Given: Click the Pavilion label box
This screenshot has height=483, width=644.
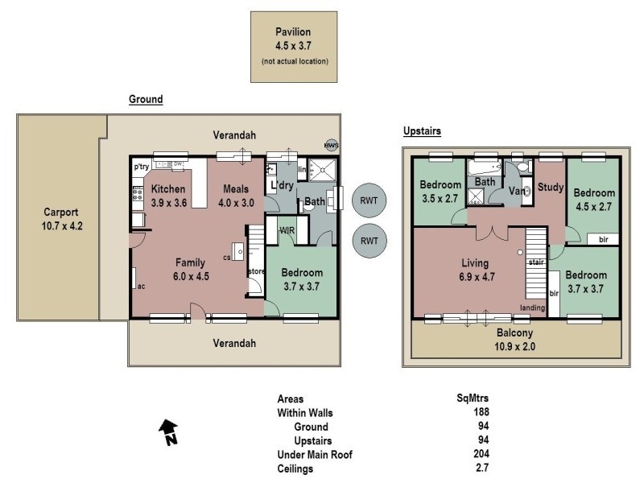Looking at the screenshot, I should [x=294, y=46].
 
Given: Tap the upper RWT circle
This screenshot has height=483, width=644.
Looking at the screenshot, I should [x=369, y=201].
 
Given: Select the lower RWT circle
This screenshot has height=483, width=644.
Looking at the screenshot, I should [x=369, y=241].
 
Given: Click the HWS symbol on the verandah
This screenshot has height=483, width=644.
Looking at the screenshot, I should [x=330, y=146].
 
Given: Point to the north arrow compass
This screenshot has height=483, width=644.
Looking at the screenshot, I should [x=168, y=432].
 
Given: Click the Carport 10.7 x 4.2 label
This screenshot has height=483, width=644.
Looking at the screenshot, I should [x=62, y=220].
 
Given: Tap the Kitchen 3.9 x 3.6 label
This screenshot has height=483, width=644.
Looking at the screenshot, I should [x=169, y=196].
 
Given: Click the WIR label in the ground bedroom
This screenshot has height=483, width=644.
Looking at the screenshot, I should [x=287, y=231].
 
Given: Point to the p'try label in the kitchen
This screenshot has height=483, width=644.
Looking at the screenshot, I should [x=142, y=166].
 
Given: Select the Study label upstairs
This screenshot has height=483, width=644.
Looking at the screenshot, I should [x=550, y=188].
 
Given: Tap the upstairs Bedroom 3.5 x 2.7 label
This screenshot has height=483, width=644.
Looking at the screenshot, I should [x=440, y=191].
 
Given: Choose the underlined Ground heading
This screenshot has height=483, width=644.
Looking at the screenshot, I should [x=146, y=100].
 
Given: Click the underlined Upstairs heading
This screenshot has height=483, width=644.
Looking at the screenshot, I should [x=421, y=130].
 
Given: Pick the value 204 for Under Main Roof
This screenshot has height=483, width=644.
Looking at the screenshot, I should [x=481, y=453].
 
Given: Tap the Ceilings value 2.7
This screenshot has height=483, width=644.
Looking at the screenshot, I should [x=482, y=467].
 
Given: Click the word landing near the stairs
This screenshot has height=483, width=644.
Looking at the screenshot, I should [x=532, y=308].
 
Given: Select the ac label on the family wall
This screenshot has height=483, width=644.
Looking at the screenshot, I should [x=141, y=286].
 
